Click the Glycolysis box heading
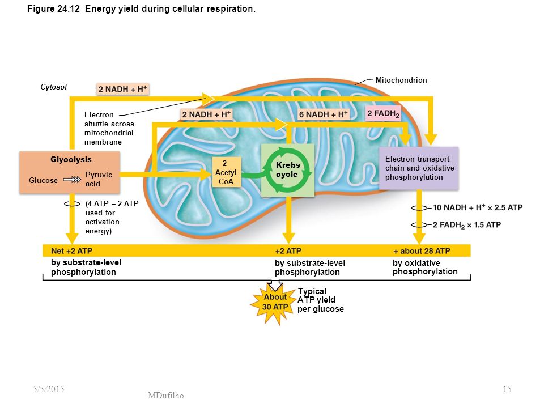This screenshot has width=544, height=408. [x=71, y=160]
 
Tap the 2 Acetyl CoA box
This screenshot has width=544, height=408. [x=227, y=172]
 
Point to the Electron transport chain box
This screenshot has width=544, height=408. [x=419, y=168]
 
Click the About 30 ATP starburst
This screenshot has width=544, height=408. [x=275, y=302]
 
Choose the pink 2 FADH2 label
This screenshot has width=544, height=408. [x=384, y=113]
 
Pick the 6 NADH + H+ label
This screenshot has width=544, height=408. [x=324, y=114]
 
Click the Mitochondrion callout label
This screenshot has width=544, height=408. [x=401, y=80]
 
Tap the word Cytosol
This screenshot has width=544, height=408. [x=53, y=87]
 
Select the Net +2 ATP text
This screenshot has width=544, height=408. [x=71, y=251]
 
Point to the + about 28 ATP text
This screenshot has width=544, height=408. [x=422, y=251]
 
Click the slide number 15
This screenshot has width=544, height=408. [x=507, y=389]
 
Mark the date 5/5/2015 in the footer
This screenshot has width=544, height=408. [x=49, y=389]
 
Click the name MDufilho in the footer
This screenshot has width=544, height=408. [x=166, y=395]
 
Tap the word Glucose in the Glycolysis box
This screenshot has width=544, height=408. [x=43, y=180]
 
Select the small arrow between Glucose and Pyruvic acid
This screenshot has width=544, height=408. [x=72, y=180]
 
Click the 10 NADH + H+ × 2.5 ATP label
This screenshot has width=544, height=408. [x=477, y=207]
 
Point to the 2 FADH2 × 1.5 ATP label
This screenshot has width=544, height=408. [x=466, y=225]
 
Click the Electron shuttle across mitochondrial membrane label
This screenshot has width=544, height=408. [x=109, y=128]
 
